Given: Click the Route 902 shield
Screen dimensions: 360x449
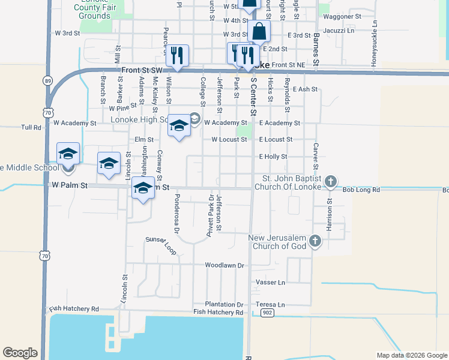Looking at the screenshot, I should tap(268, 313).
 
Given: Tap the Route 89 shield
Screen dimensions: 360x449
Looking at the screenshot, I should tap(47, 80).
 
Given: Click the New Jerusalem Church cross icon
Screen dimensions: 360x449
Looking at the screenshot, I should tap(316, 242).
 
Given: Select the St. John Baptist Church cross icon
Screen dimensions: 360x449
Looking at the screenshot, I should tap(330, 182).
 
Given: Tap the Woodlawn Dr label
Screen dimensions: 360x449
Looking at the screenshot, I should tap(225, 265).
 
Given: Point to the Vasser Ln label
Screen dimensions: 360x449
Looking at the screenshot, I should tap(270, 282).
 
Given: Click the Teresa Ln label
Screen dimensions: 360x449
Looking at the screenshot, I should tap(270, 304).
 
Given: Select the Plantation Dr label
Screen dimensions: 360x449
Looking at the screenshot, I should tap(223, 304).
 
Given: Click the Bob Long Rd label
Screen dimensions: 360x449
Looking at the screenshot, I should tap(361, 190).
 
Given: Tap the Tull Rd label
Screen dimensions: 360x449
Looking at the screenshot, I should tap(31, 127).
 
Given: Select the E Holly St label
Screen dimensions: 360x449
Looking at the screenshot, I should tap(273, 157).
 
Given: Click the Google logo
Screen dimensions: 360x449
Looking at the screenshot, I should tap(20, 353).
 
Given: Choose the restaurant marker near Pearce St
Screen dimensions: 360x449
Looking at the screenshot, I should tap(177, 56).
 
